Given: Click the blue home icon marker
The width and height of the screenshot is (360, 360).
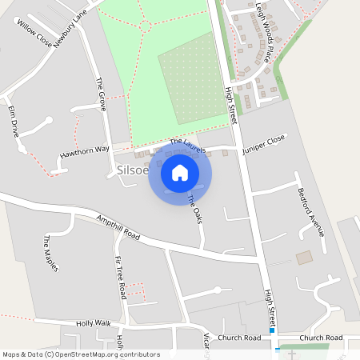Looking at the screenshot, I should [180, 173].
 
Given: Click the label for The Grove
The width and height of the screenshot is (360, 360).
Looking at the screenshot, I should [102, 94].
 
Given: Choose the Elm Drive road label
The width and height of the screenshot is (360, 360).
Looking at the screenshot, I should [13, 120].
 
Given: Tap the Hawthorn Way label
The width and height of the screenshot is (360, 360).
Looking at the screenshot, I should [84, 150].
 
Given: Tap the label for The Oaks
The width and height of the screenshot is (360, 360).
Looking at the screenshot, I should [193, 210].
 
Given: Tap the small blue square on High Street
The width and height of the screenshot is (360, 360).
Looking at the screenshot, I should [272, 330].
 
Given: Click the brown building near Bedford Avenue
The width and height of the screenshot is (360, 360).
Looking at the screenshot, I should [304, 258].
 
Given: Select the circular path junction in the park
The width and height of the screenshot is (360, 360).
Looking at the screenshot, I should [146, 26].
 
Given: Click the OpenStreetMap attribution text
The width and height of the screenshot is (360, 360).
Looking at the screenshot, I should [81, 354].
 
